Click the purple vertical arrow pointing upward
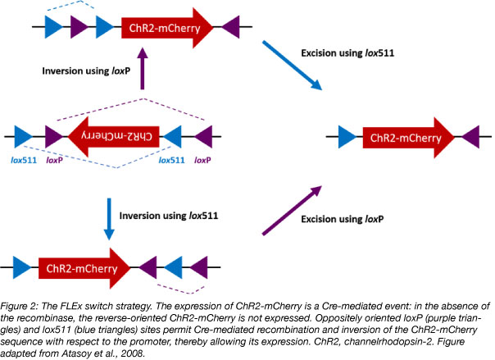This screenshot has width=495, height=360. [143, 74]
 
